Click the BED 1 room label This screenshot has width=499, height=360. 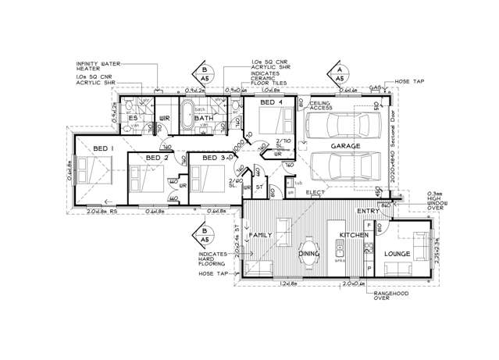103,148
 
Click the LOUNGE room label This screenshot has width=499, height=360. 398,254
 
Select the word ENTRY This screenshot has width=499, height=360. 368,212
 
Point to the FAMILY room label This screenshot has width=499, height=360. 260,234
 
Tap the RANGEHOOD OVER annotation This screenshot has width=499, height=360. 394,298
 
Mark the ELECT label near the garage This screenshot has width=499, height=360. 315,192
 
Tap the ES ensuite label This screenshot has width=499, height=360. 134,118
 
